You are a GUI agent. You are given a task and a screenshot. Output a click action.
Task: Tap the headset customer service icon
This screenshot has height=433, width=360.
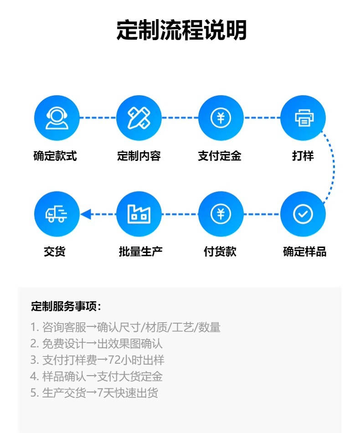pyautogui.click(x=57, y=118)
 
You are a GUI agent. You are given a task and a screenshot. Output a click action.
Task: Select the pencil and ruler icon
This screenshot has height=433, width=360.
pyautogui.click(x=139, y=118)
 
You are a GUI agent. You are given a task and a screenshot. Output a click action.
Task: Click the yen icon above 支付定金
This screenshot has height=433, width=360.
pyautogui.click(x=221, y=118)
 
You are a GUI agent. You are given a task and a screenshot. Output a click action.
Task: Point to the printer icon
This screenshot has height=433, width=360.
pyautogui.click(x=303, y=118)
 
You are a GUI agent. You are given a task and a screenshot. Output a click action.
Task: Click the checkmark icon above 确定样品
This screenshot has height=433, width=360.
pyautogui.click(x=303, y=214)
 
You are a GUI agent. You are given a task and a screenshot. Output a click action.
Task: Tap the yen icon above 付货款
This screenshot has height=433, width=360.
pyautogui.click(x=221, y=214)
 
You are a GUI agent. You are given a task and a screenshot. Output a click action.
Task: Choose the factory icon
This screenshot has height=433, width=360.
pyautogui.click(x=139, y=214)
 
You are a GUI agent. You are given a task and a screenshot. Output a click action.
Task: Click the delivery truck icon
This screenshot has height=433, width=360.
pyautogui.click(x=57, y=214)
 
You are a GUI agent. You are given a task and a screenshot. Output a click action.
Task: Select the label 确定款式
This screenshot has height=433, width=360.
pyautogui.click(x=55, y=156)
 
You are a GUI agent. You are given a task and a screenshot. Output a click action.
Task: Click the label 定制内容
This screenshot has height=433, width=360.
pyautogui.click(x=139, y=156)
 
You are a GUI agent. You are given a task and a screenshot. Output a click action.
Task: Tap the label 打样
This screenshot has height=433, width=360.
pyautogui.click(x=303, y=156)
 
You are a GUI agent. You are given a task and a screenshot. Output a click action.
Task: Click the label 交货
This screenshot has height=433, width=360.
pyautogui.click(x=55, y=251)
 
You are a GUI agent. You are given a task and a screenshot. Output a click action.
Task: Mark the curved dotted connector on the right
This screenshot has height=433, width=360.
pyautogui.click(x=333, y=166)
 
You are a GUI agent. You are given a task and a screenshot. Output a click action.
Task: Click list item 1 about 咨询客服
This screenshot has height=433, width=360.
pyautogui.click(x=125, y=327)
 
